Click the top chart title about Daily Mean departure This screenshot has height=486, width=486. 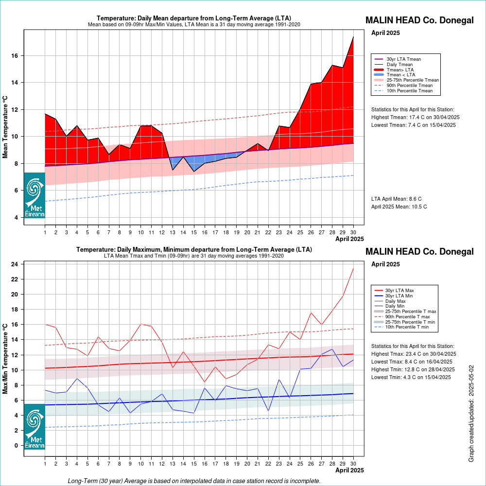pyautogui.click(x=194, y=18)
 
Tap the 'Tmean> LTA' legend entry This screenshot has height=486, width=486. pyautogui.click(x=394, y=69)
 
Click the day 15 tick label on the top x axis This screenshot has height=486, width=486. pyautogui.click(x=194, y=232)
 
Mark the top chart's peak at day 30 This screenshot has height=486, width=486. pyautogui.click(x=353, y=37)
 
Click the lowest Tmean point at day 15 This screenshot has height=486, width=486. pyautogui.click(x=194, y=172)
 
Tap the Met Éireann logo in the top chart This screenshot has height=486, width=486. pyautogui.click(x=35, y=195)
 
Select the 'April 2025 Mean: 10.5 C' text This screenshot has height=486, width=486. pyautogui.click(x=399, y=207)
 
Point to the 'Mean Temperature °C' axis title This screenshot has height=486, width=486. pyautogui.click(x=5, y=127)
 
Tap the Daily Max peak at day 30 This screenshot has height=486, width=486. pyautogui.click(x=353, y=268)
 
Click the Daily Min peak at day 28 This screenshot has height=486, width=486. pyautogui.click(x=332, y=349)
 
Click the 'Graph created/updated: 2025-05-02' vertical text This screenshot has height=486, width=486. pyautogui.click(x=471, y=414)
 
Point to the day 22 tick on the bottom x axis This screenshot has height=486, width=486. pyautogui.click(x=268, y=464)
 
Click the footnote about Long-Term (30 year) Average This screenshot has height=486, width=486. pyautogui.click(x=194, y=481)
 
